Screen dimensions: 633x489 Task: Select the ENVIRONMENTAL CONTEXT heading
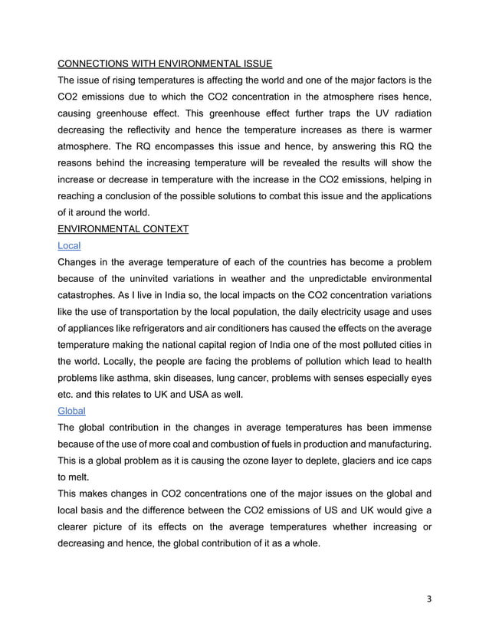[123, 228]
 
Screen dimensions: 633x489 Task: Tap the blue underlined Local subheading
[69, 245]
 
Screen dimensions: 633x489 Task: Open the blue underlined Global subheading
[71, 410]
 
